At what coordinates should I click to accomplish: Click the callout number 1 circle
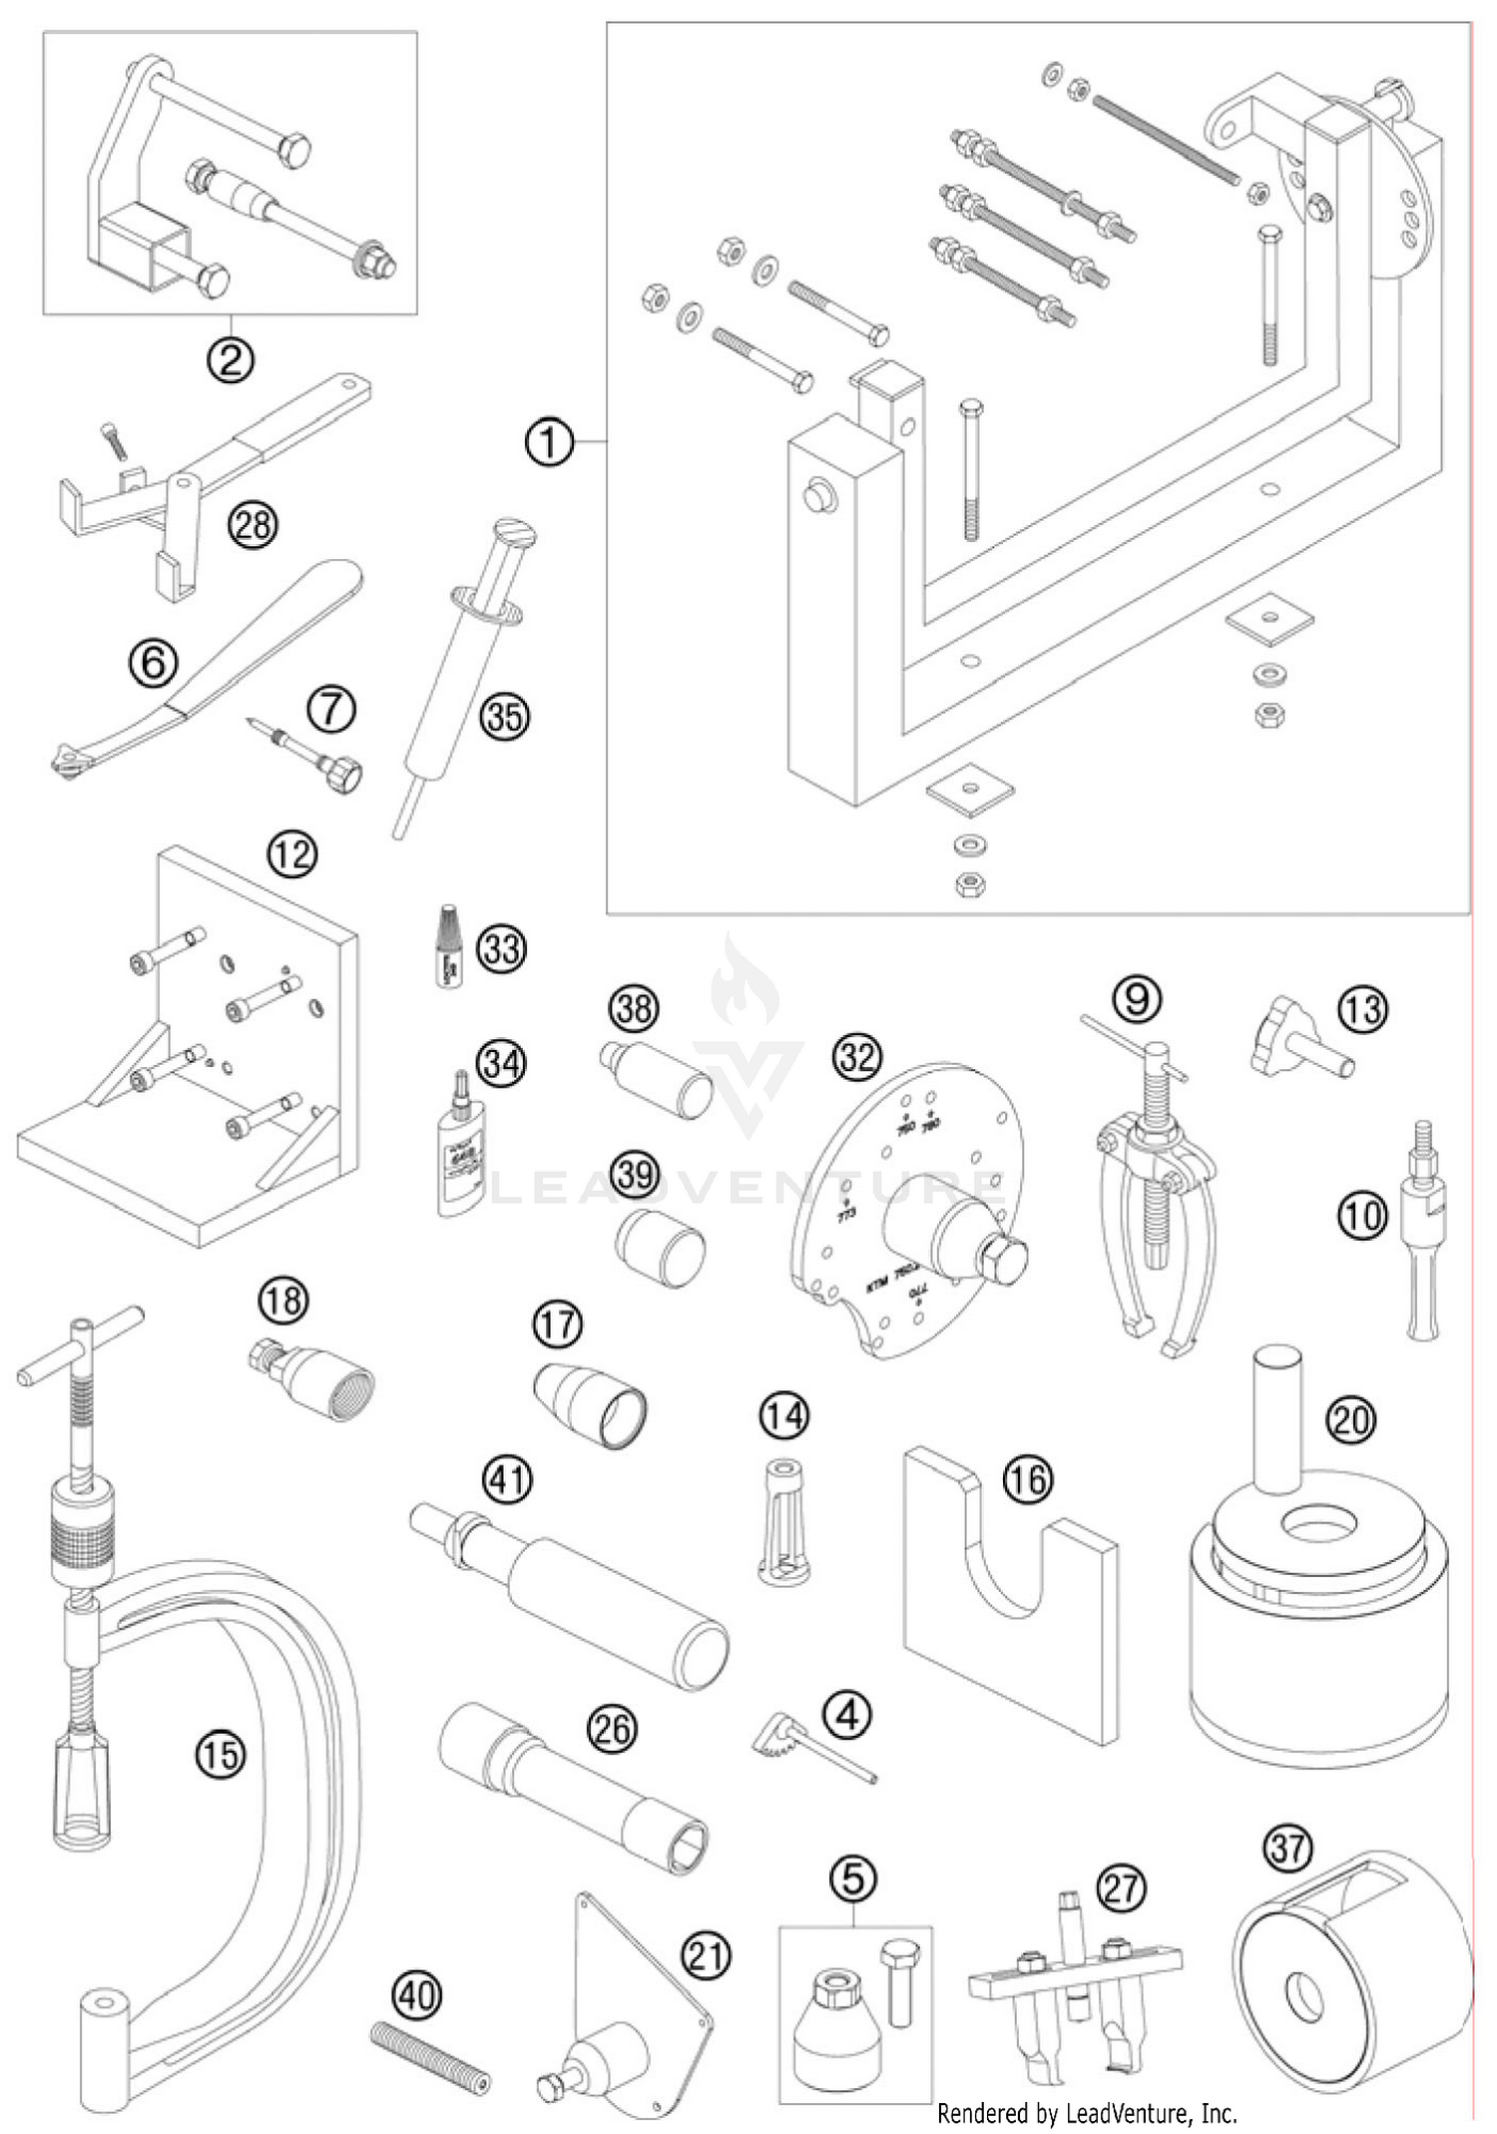point(549,441)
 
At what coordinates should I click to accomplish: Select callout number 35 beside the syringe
point(504,717)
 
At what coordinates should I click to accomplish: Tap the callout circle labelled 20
point(1351,1418)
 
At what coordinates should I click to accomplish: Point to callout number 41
point(508,1479)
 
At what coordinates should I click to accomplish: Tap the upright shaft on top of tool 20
point(1277,1418)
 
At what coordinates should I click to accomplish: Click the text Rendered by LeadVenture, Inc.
point(1087,2112)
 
